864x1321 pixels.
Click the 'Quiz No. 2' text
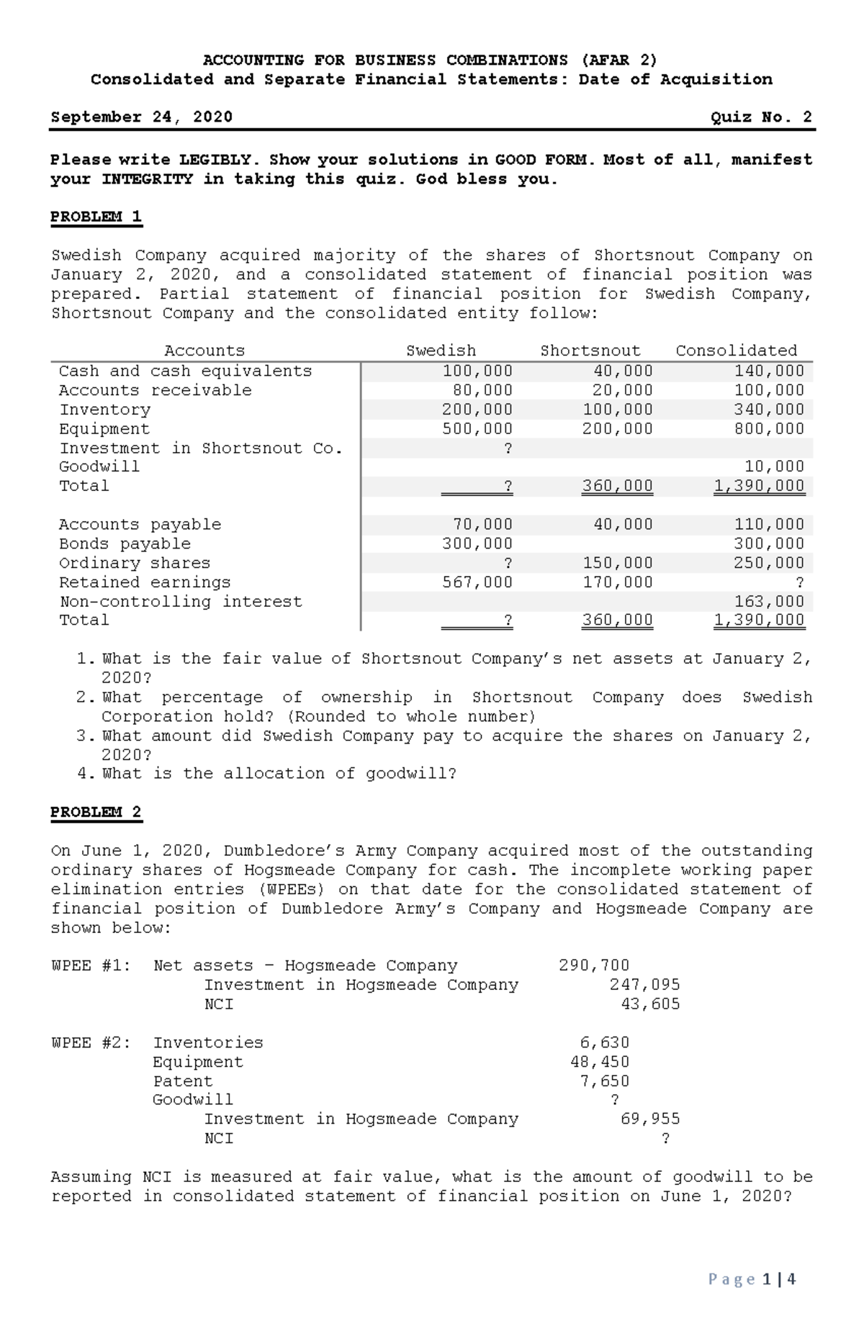pos(761,117)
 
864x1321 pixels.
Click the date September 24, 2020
pos(141,117)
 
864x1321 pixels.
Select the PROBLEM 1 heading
pos(96,217)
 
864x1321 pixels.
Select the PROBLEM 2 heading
pos(96,812)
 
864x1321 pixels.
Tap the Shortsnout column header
pos(590,351)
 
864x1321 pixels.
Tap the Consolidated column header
pos(736,351)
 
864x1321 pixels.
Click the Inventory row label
pos(104,410)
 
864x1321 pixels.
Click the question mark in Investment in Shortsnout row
pos(508,448)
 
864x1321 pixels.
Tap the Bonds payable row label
pos(125,544)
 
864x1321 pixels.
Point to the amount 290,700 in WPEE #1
pos(594,965)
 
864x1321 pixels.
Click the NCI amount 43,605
pos(650,1004)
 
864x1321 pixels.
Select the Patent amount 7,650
pos(605,1081)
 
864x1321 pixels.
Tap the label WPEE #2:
pos(91,1042)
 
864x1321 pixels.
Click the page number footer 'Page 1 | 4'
pos(752,1279)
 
